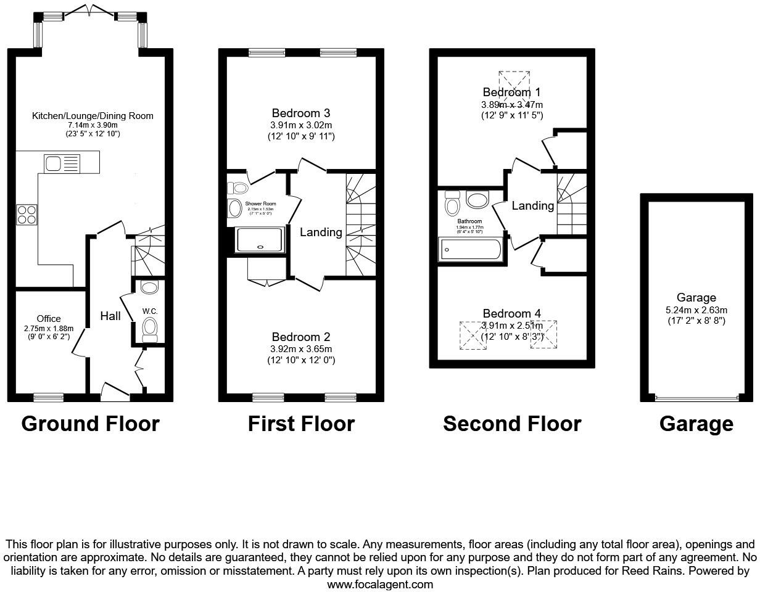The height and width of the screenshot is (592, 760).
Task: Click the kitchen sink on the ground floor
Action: click(62, 163)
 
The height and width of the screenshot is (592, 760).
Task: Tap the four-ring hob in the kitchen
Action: click(27, 214)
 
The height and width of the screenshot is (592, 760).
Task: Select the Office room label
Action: click(49, 319)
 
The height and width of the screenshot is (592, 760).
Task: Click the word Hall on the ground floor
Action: click(110, 316)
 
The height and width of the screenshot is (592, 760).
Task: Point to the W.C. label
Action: click(150, 311)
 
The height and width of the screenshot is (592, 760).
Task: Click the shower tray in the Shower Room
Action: click(260, 239)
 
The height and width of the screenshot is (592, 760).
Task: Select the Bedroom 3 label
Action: click(301, 113)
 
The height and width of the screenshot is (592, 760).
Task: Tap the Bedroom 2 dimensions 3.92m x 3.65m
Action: click(301, 349)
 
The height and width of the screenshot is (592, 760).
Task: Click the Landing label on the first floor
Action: click(321, 232)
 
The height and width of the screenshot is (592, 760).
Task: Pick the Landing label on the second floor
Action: click(532, 206)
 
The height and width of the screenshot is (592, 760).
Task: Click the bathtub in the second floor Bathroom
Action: click(471, 250)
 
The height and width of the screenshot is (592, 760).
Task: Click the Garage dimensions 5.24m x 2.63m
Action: click(696, 310)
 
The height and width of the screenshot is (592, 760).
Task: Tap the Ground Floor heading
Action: click(90, 424)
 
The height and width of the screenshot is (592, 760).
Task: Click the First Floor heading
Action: click(301, 424)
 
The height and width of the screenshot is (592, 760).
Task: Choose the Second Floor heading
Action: click(511, 424)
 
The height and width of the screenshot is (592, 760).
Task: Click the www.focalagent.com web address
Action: click(380, 584)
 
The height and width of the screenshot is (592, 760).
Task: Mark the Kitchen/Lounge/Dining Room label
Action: click(93, 116)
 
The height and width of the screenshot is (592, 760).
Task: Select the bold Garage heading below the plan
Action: click(696, 424)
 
